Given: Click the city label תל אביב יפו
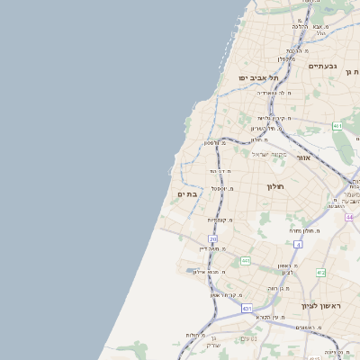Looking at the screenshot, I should pos(258,78).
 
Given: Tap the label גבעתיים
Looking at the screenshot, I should pos(322,66).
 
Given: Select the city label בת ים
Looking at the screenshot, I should pos(187,193).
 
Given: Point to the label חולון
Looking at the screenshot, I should pos(274,186).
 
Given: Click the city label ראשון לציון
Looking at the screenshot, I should pos(322,306).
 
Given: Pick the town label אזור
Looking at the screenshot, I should pos(302,157).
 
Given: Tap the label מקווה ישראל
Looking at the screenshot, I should pos(266,154).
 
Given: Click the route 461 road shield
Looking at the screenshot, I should pos(337,126).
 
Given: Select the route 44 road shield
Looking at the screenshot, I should pos(349,217).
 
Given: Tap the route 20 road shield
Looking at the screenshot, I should pos(213,238).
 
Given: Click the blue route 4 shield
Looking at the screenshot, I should pos(298,244).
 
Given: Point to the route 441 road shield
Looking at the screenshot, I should pos(245,261).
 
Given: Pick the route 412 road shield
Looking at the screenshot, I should pos(320,272).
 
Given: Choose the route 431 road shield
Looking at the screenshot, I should pos(247,309).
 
